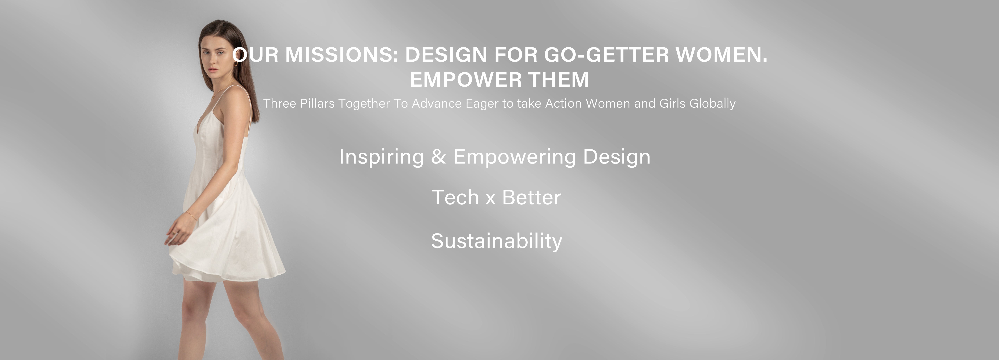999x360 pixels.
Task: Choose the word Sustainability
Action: tap(496, 241)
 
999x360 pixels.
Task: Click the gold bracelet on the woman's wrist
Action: tap(192, 215)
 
